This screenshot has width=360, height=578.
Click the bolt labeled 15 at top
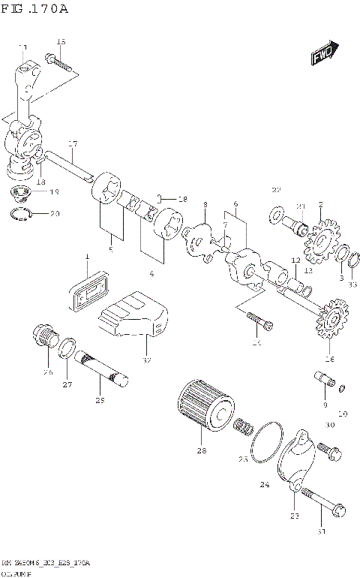point(58,59)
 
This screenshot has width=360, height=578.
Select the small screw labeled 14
point(259,321)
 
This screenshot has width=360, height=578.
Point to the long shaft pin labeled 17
point(70,166)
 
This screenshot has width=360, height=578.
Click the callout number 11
point(23,47)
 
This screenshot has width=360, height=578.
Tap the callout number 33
point(352,283)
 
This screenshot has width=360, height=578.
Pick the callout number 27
point(67,385)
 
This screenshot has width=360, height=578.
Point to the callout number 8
point(205,203)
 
